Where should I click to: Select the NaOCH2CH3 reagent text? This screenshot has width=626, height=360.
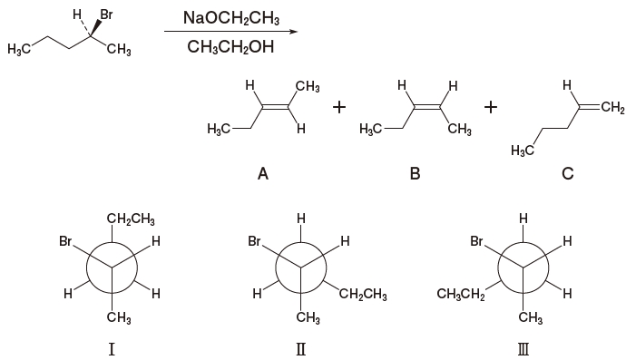(x=230, y=18)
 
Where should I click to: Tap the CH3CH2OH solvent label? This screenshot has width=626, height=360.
(x=230, y=46)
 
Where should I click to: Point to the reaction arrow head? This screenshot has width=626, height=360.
(x=292, y=33)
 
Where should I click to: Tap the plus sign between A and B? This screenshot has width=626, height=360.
(x=339, y=109)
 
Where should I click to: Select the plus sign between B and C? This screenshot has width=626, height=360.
(x=491, y=109)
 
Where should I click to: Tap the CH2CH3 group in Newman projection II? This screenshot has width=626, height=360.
(x=365, y=294)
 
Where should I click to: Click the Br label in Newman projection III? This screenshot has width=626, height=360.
(x=478, y=242)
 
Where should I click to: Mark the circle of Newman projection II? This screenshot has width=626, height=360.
(x=301, y=268)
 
